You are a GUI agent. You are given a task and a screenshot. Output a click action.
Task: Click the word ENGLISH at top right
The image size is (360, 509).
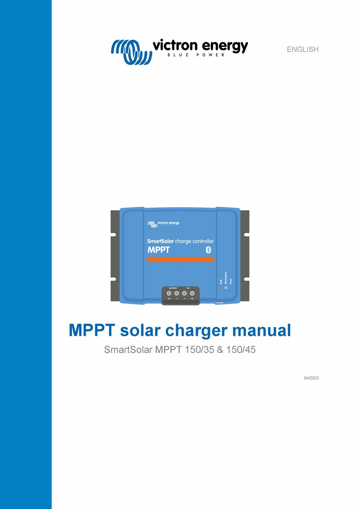click(302, 49)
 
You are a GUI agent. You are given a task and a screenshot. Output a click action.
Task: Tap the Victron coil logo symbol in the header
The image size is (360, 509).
click(131, 52)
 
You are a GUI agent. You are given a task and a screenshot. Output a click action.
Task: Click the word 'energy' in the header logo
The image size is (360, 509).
click(225, 46)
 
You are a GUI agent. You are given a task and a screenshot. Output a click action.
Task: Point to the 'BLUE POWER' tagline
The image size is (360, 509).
click(196, 55)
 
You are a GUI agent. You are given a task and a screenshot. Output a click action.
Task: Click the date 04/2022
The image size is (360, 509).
click(311, 378)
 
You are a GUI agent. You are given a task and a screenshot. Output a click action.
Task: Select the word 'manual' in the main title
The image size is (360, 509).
click(261, 330)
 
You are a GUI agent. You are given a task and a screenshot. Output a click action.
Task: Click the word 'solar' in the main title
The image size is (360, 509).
click(140, 330)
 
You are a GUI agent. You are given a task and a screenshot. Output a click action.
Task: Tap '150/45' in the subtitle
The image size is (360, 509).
click(241, 349)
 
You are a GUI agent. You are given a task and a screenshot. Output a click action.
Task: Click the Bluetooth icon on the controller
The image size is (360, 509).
click(208, 250)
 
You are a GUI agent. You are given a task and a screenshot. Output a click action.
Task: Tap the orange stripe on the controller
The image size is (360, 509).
click(180, 260)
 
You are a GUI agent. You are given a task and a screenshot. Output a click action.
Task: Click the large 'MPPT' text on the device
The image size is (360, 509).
click(158, 250)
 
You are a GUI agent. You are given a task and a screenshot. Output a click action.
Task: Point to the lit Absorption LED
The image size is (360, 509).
click(226, 288)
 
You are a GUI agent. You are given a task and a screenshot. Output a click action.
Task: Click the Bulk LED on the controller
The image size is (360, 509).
click(221, 288)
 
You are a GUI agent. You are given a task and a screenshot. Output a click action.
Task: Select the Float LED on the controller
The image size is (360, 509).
click(230, 288)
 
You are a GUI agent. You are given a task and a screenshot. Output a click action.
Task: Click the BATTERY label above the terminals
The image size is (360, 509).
click(173, 288)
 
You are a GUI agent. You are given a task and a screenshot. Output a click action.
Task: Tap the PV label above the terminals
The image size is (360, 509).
click(188, 288)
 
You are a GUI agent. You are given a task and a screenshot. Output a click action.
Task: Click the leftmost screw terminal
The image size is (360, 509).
click(169, 293)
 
